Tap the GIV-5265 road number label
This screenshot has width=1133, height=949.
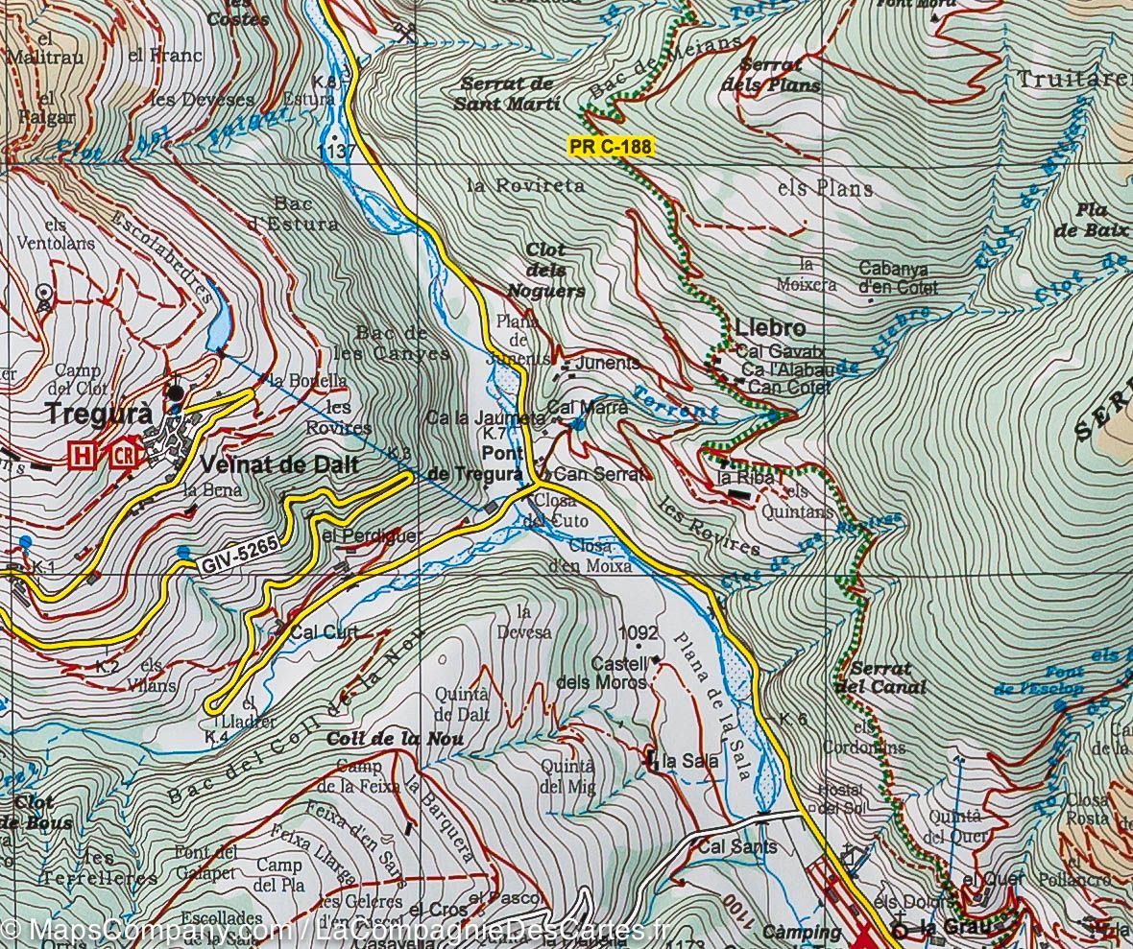point(240,557)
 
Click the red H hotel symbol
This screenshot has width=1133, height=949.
point(84,453)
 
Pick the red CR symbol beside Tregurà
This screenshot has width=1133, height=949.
point(124,453)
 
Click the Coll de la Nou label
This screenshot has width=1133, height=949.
point(395,739)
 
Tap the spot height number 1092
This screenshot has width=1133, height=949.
point(639,633)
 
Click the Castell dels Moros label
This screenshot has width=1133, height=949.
point(602,673)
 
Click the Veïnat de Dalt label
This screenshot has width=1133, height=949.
point(279,465)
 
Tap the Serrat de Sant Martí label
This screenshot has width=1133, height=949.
point(508,93)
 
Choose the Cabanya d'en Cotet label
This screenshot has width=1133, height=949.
point(900,277)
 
